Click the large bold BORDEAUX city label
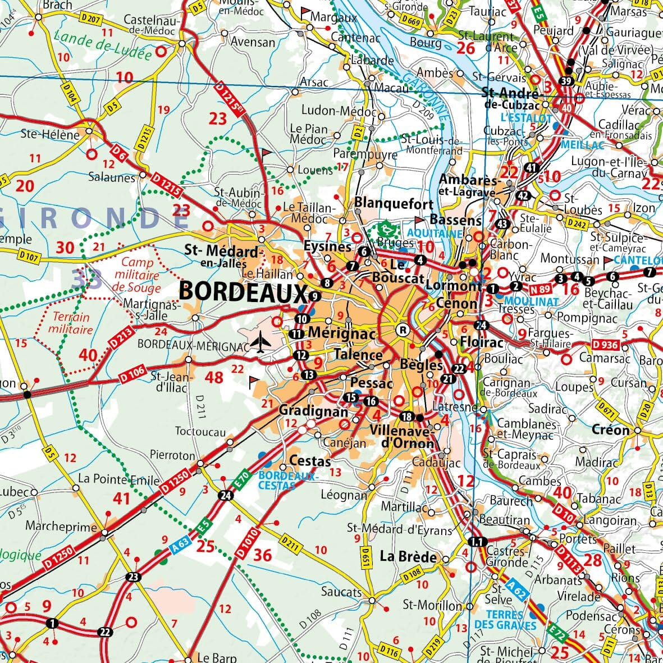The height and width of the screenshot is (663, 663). [x=243, y=292]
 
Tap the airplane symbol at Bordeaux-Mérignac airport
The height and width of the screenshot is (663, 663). [x=260, y=342]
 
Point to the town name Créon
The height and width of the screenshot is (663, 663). [x=610, y=430]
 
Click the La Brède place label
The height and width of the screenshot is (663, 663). [x=408, y=557]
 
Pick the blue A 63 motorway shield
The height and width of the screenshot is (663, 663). [x=181, y=543]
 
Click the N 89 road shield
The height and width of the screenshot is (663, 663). [x=540, y=290]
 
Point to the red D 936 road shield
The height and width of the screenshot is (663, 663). [x=604, y=345]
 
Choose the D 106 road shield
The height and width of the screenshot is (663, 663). [x=132, y=374]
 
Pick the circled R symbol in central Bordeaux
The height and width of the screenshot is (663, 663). [x=402, y=330]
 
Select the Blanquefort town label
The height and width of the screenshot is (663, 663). [x=394, y=203]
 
